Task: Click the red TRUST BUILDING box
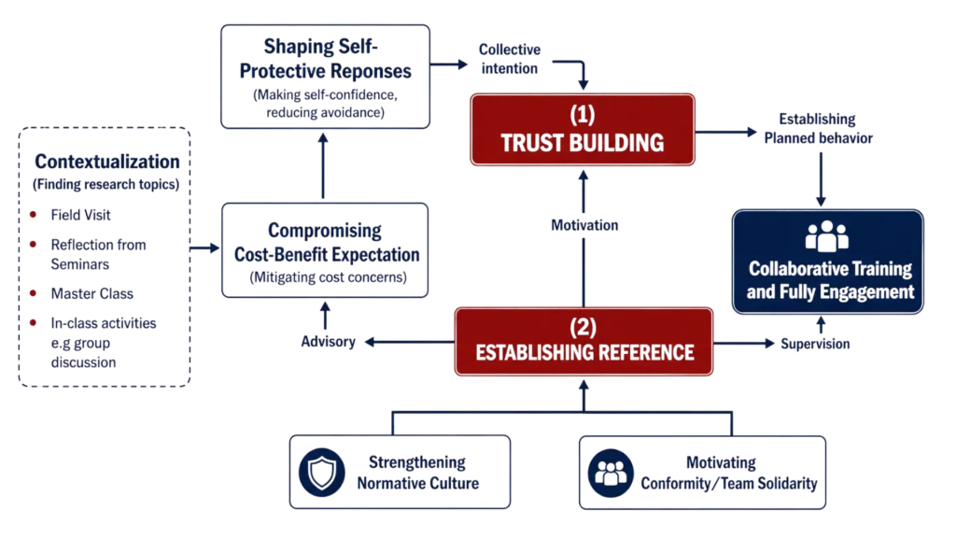tap(583, 129)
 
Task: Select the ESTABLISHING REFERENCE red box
tap(583, 342)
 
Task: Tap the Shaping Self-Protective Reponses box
tap(325, 77)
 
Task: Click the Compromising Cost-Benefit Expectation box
tap(325, 250)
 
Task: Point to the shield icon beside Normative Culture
tap(322, 472)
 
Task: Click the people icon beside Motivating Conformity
tap(611, 473)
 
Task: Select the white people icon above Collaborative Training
tap(827, 236)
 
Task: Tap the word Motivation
tap(584, 225)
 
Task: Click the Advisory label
tap(328, 342)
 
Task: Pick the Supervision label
tap(815, 344)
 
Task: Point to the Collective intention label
tap(510, 59)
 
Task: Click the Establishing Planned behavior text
tap(818, 128)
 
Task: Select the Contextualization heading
tap(107, 162)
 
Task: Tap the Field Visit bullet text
tap(80, 215)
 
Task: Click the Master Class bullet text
tap(92, 293)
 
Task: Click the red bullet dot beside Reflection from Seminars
tap(34, 244)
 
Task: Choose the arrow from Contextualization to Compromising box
tap(204, 248)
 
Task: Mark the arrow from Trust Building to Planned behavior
tap(726, 132)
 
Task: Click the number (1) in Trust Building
tap(583, 114)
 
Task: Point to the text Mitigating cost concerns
tap(328, 277)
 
